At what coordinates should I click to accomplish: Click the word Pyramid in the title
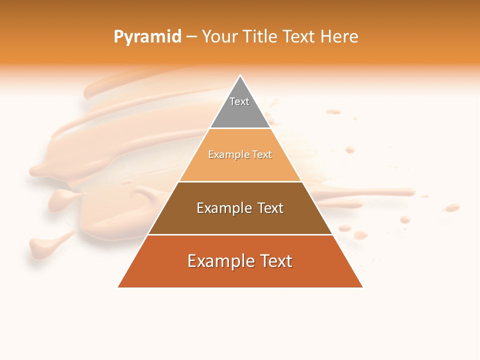coord(147,37)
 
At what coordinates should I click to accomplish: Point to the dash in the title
coord(191,37)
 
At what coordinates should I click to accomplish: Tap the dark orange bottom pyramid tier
coord(240,275)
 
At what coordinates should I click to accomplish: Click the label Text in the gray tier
coord(239,101)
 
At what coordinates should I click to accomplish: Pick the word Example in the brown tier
coord(220,208)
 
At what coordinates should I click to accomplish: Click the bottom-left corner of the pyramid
coord(118,287)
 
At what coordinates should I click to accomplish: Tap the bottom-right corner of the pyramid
coord(362,287)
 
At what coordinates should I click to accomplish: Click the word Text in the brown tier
coord(266,208)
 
